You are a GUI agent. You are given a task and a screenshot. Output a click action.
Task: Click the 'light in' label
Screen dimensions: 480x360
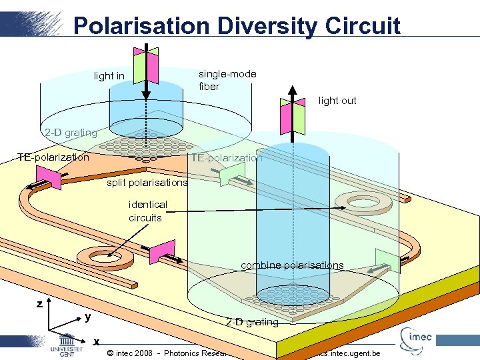[x=109, y=76]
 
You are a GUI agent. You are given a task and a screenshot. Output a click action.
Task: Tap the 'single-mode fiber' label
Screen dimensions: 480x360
[x=227, y=80]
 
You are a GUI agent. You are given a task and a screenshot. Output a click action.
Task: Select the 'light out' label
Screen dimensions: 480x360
[x=337, y=101]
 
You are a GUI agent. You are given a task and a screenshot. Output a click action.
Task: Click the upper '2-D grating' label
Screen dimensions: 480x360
[x=70, y=133]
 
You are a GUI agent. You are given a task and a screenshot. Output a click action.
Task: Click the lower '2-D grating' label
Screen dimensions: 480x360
[x=252, y=323]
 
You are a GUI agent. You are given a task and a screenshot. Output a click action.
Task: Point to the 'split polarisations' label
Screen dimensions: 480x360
[x=147, y=182]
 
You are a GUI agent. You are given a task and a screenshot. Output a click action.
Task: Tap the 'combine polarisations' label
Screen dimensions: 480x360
[x=292, y=265]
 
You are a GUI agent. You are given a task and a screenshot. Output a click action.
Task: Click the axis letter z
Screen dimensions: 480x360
[x=40, y=304]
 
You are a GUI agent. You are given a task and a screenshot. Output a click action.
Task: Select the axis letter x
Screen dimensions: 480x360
[x=97, y=342]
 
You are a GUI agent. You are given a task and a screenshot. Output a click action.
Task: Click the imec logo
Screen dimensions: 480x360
[x=417, y=338]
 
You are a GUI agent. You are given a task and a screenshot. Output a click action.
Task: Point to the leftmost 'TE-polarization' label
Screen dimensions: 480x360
[x=53, y=157]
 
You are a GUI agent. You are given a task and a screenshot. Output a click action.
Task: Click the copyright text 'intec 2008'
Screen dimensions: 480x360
[x=133, y=353]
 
